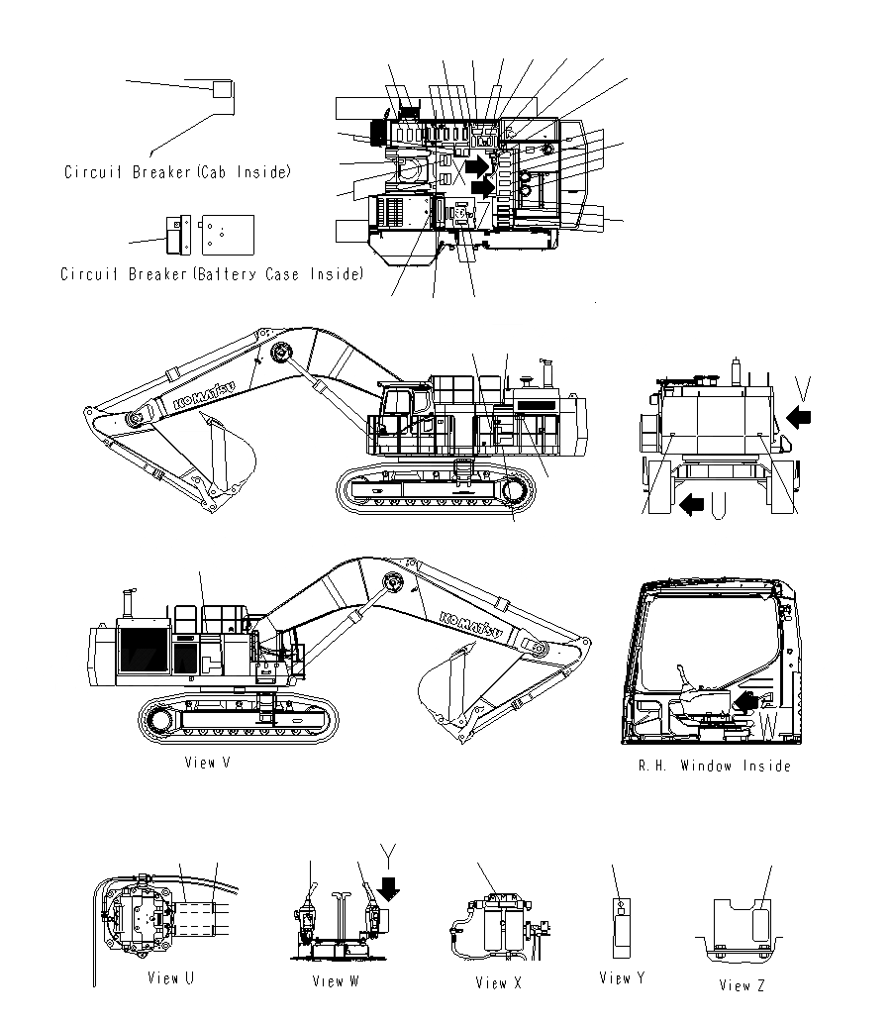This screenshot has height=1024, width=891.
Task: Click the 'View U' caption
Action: tap(170, 978)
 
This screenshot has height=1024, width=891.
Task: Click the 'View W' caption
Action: tap(335, 981)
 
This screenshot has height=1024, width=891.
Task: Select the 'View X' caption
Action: tap(498, 982)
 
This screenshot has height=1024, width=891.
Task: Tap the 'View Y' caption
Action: tap(622, 977)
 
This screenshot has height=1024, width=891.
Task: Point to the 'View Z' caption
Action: tap(742, 984)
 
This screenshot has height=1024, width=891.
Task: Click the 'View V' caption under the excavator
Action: tap(207, 763)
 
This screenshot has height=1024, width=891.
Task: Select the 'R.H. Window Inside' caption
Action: tap(714, 766)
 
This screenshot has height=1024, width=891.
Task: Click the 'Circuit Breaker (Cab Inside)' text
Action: tap(178, 172)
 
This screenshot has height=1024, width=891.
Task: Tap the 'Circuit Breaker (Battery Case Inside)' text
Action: tap(212, 273)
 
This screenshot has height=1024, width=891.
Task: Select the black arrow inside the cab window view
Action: tap(750, 701)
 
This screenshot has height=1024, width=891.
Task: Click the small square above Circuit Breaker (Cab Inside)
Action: tap(223, 89)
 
